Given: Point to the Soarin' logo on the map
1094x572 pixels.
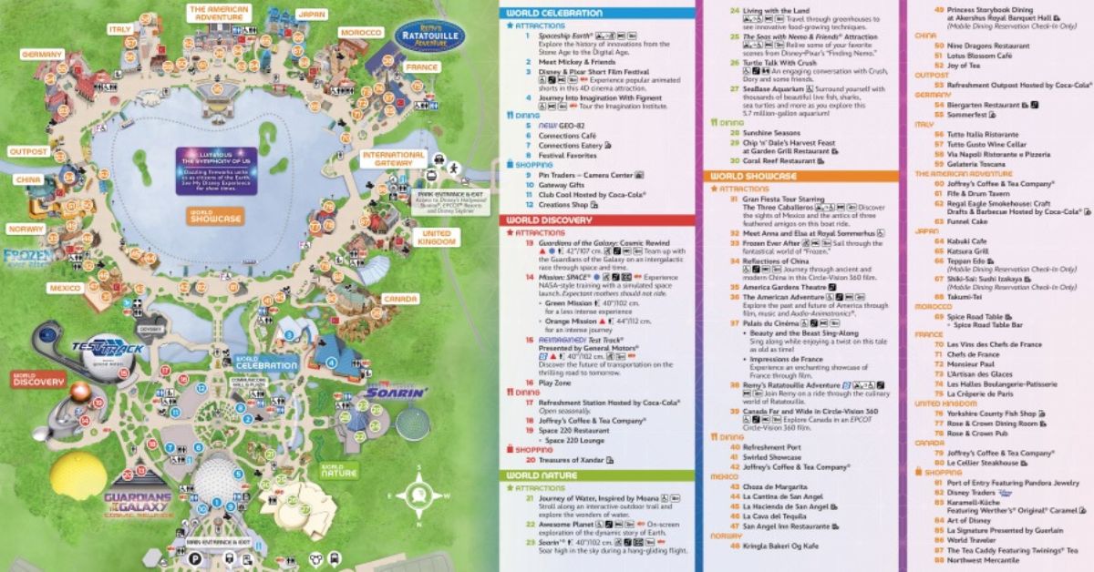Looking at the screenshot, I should (x=397, y=393).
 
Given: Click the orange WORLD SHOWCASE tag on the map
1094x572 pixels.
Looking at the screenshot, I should (x=216, y=217).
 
